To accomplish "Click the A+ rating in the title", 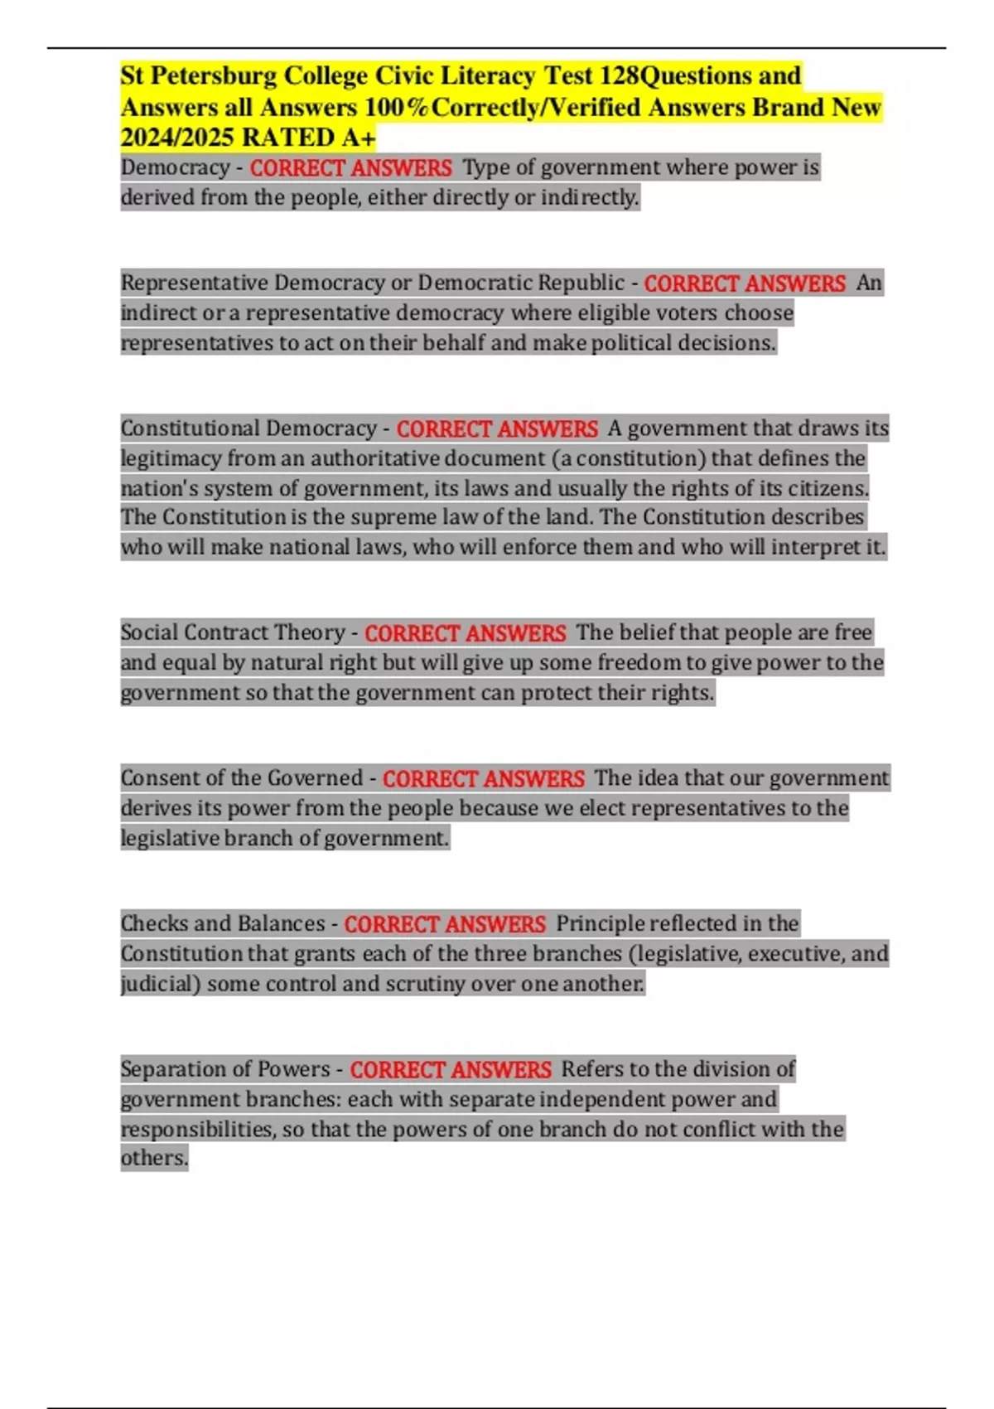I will click(358, 137).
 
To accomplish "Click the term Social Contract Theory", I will click(233, 633).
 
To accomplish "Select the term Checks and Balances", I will click(223, 924).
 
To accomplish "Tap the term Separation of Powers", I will click(225, 1070).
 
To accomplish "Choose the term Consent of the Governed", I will click(242, 779).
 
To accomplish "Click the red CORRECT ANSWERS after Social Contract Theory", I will click(466, 634).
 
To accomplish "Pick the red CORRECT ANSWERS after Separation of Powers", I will click(451, 1071).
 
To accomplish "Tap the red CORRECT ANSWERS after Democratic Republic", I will click(745, 284).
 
